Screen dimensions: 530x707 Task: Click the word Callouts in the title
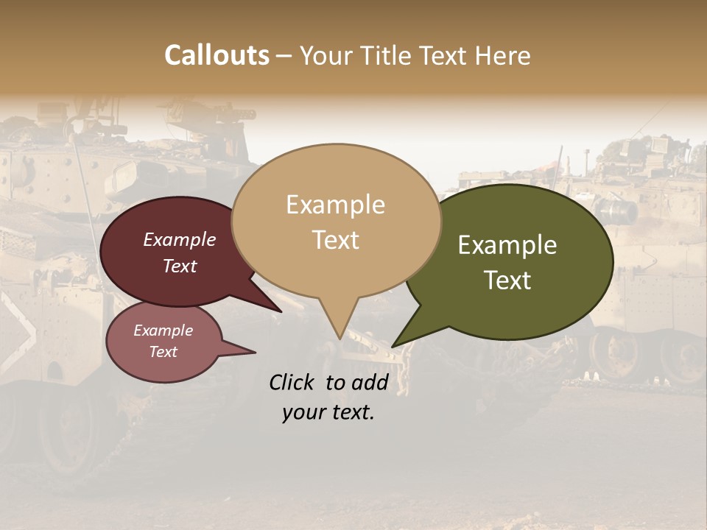(x=217, y=55)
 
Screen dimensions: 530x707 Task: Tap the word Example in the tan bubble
(x=335, y=205)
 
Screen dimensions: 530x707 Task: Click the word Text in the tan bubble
(x=335, y=240)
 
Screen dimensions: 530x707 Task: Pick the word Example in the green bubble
(x=507, y=245)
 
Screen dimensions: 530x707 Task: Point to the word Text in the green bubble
(x=507, y=280)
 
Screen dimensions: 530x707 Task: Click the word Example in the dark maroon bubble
(x=180, y=239)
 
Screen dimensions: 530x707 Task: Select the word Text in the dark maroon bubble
(x=180, y=266)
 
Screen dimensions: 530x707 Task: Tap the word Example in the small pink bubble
(x=163, y=331)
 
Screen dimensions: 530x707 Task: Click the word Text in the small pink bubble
(x=163, y=352)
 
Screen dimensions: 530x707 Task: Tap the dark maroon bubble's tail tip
(x=280, y=311)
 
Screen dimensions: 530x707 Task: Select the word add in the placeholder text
(x=370, y=382)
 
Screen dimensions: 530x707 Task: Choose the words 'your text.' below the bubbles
(x=328, y=413)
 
